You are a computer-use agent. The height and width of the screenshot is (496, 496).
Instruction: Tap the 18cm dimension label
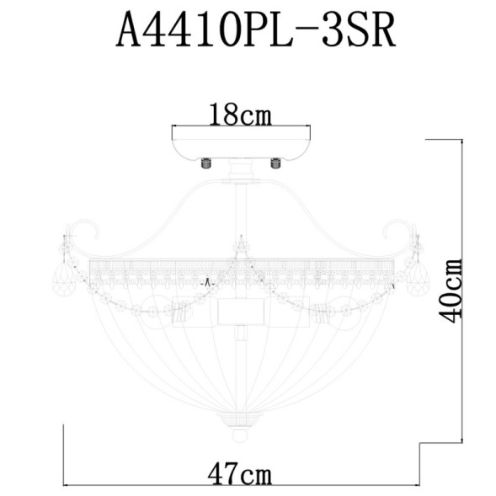[x=241, y=114]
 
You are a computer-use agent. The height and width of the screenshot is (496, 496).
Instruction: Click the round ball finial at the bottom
[x=240, y=435]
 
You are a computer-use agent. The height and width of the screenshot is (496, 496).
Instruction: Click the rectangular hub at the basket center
[x=242, y=312]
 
